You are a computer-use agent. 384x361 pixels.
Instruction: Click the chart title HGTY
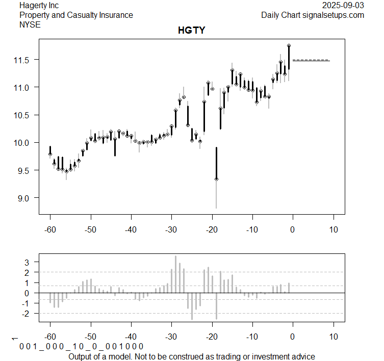191,31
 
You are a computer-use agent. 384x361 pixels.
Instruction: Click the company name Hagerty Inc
39,5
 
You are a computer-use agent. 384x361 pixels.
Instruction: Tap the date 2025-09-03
343,5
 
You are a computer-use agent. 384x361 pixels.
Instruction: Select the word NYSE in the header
30,24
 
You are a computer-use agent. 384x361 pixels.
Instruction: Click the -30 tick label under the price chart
171,229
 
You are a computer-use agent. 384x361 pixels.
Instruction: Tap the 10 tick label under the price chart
334,229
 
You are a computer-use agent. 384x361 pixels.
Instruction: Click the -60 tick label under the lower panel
50,337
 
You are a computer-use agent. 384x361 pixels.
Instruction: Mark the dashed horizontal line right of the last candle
311,61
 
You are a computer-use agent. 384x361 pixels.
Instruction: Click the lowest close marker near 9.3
216,179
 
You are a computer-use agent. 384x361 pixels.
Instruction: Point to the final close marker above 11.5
289,46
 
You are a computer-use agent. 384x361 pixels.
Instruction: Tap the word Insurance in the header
115,15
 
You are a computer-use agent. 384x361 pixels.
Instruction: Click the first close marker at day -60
50,154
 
